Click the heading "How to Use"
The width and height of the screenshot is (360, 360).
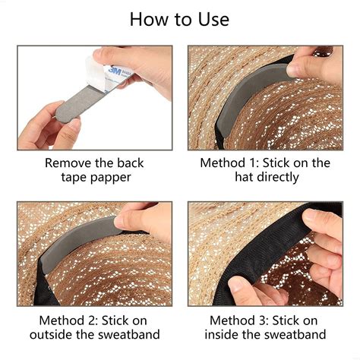(x=179, y=19)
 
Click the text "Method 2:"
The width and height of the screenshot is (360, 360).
(x=57, y=320)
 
